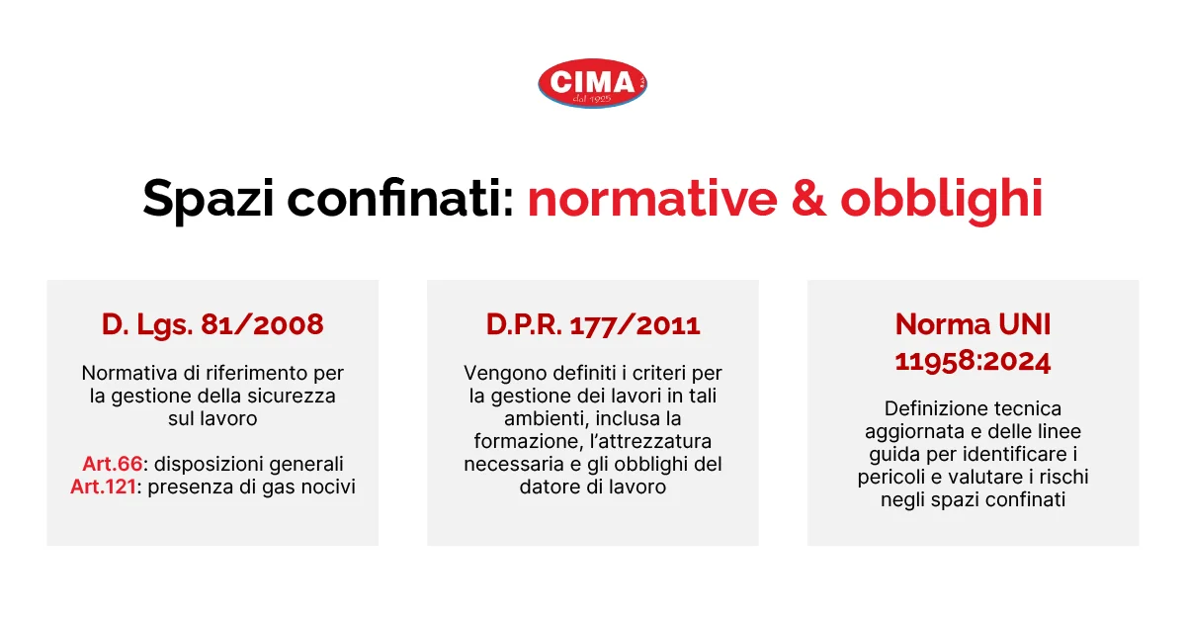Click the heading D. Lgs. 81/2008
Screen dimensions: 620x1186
212,324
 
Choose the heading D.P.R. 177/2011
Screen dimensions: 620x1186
593,324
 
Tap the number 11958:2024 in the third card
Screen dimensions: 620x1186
973,361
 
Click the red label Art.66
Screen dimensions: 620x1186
108,465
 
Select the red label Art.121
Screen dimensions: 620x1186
107,487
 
